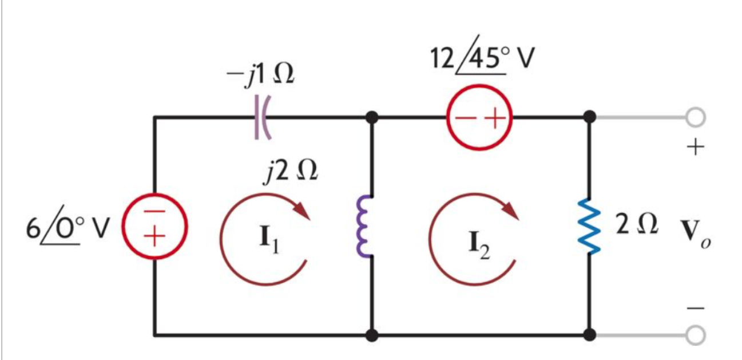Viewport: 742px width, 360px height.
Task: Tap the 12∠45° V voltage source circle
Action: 479,118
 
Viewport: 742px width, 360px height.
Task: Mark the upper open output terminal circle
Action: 694,118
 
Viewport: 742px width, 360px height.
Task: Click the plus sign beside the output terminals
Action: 693,148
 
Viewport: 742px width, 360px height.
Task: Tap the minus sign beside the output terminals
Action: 693,307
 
